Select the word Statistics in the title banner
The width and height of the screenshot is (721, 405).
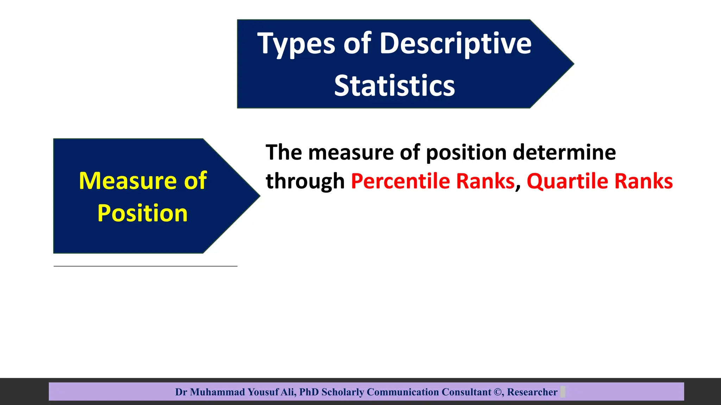coord(394,86)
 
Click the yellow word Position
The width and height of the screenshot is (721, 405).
coord(142,213)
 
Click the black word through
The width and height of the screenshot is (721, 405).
coord(305,181)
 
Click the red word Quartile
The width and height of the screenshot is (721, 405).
coord(567,181)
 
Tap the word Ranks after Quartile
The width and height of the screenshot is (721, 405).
coord(644,181)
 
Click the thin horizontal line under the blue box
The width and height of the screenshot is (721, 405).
coord(145,266)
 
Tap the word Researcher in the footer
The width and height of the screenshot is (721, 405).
coord(532,392)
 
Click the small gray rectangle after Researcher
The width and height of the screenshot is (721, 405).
coord(563,392)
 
